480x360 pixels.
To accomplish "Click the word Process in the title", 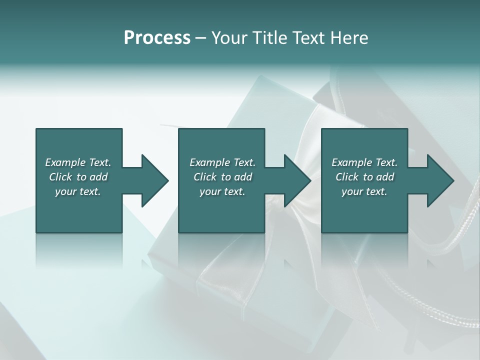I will pos(157,38).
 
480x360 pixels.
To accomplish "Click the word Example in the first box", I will pos(65,162).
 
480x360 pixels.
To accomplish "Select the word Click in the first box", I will pos(60,177).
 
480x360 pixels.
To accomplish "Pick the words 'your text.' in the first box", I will pos(78,191).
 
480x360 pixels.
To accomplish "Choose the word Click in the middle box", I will pos(204,177).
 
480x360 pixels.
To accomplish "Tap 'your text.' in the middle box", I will pos(222,191).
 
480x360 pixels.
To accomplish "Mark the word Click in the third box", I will pos(346,177).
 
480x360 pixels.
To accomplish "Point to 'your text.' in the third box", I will pos(364,191).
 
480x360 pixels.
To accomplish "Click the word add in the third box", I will pos(385,177).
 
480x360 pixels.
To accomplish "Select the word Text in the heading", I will pos(304,38).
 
